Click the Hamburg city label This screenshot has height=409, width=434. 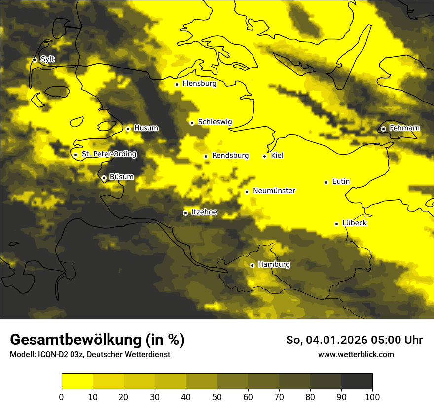click(x=274, y=265)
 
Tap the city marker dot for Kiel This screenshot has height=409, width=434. click(x=265, y=156)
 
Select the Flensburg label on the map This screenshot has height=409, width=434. click(x=199, y=84)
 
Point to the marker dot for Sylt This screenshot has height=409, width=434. click(x=35, y=59)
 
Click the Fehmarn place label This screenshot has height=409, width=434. click(x=404, y=128)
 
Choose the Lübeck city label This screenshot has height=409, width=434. click(x=354, y=223)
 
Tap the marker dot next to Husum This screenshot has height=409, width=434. click(x=128, y=129)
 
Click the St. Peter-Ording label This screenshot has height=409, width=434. click(x=108, y=154)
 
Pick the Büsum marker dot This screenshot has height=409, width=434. click(x=104, y=178)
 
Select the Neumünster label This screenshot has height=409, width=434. click(x=274, y=191)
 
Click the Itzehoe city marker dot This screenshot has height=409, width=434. click(x=185, y=213)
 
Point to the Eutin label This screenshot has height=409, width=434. click(x=341, y=182)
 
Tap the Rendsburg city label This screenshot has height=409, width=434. click(x=230, y=156)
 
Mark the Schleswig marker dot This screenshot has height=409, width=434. click(x=192, y=123)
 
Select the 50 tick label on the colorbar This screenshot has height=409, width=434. click(x=217, y=397)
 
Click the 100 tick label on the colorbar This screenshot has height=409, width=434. click(x=372, y=397)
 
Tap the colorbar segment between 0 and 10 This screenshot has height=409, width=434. click(x=77, y=381)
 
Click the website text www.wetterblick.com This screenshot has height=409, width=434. click(x=356, y=354)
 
